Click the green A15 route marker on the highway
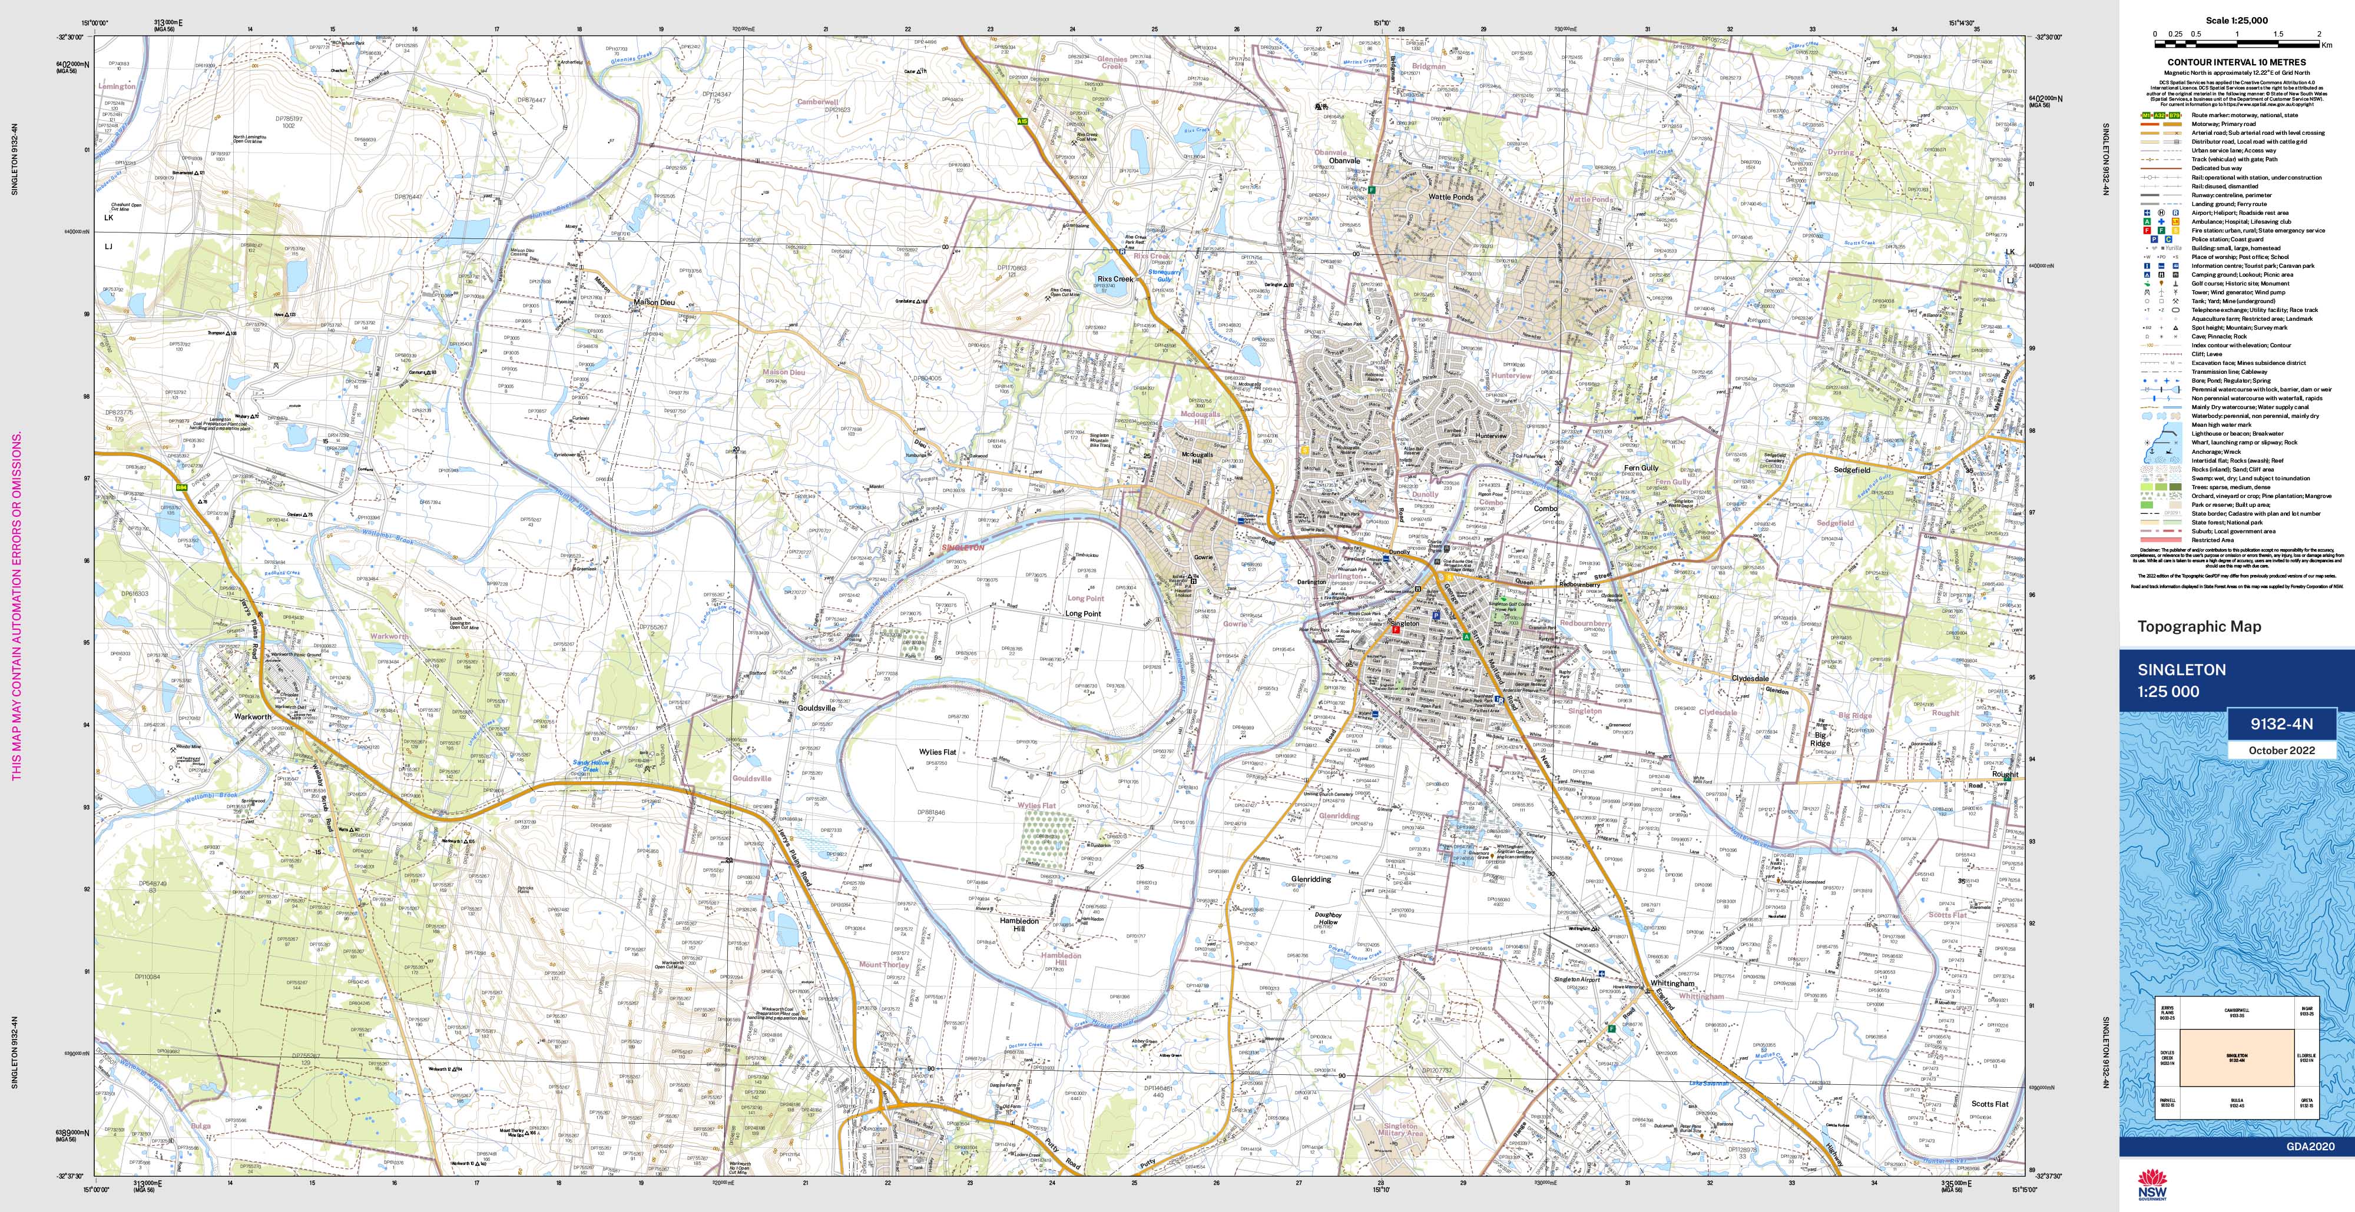(x=1023, y=119)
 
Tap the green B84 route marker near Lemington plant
(x=182, y=487)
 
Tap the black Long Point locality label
(x=1084, y=614)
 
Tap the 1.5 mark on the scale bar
(x=2297, y=33)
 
